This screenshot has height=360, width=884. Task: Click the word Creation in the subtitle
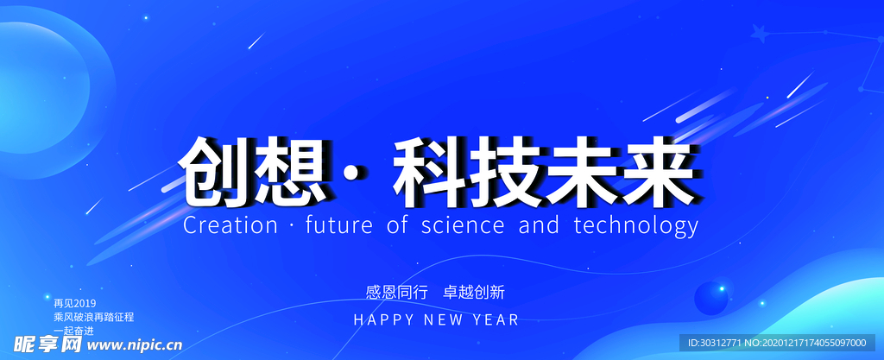(x=229, y=226)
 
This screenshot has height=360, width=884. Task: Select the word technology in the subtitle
(x=635, y=227)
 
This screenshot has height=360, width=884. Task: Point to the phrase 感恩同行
(x=397, y=291)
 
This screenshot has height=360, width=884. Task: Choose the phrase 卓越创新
(x=474, y=291)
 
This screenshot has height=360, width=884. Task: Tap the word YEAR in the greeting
(x=496, y=319)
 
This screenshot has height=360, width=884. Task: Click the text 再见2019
(x=74, y=303)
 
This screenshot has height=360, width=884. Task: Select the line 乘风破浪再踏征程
(x=93, y=317)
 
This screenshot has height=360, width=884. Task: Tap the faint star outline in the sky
(x=760, y=34)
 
